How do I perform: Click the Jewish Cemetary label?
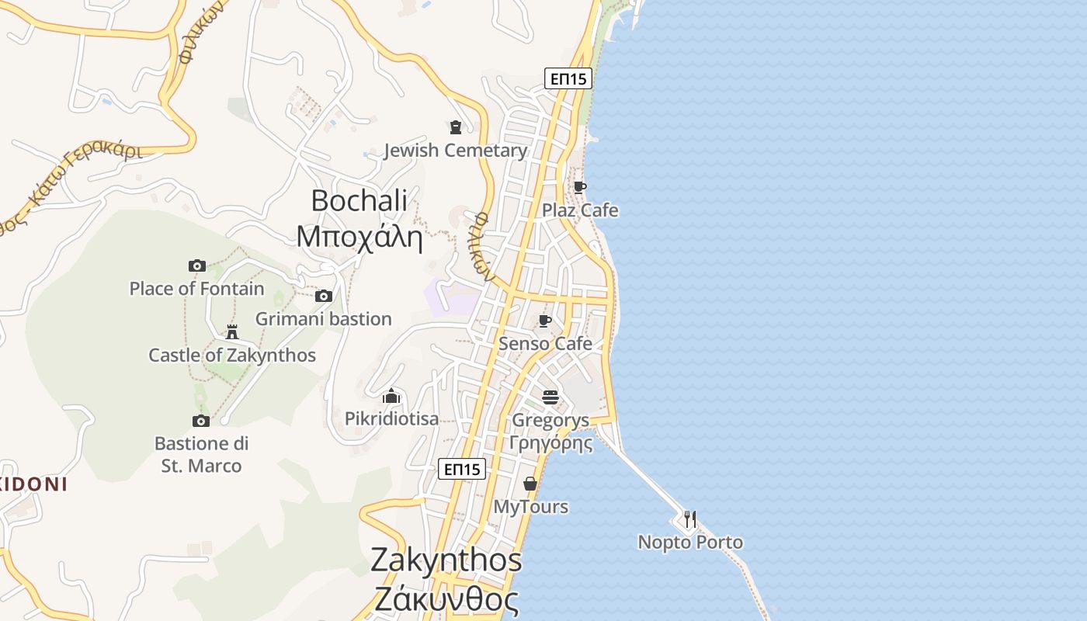pyautogui.click(x=456, y=151)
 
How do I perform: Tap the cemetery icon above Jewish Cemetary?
pyautogui.click(x=456, y=127)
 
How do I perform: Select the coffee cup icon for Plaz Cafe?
pyautogui.click(x=579, y=187)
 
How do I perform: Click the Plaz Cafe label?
pyautogui.click(x=580, y=210)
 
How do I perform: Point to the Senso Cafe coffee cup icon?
pyautogui.click(x=545, y=321)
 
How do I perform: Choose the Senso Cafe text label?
pyautogui.click(x=545, y=343)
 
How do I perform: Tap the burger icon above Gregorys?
pyautogui.click(x=550, y=397)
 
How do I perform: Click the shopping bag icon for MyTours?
pyautogui.click(x=530, y=484)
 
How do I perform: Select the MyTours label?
pyautogui.click(x=531, y=507)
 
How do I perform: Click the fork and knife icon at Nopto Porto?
pyautogui.click(x=689, y=519)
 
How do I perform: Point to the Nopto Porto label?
pyautogui.click(x=690, y=542)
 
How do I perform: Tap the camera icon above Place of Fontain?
pyautogui.click(x=197, y=265)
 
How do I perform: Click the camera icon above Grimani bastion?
pyautogui.click(x=324, y=296)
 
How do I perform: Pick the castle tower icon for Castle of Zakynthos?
pyautogui.click(x=231, y=332)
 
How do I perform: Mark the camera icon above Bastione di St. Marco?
pyautogui.click(x=201, y=421)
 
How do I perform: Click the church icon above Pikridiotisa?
pyautogui.click(x=391, y=396)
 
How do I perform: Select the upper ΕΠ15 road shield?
pyautogui.click(x=568, y=78)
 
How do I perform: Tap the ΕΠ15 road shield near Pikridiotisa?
pyautogui.click(x=462, y=469)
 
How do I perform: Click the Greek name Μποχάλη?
pyautogui.click(x=359, y=236)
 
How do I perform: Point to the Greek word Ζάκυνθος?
pyautogui.click(x=446, y=599)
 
